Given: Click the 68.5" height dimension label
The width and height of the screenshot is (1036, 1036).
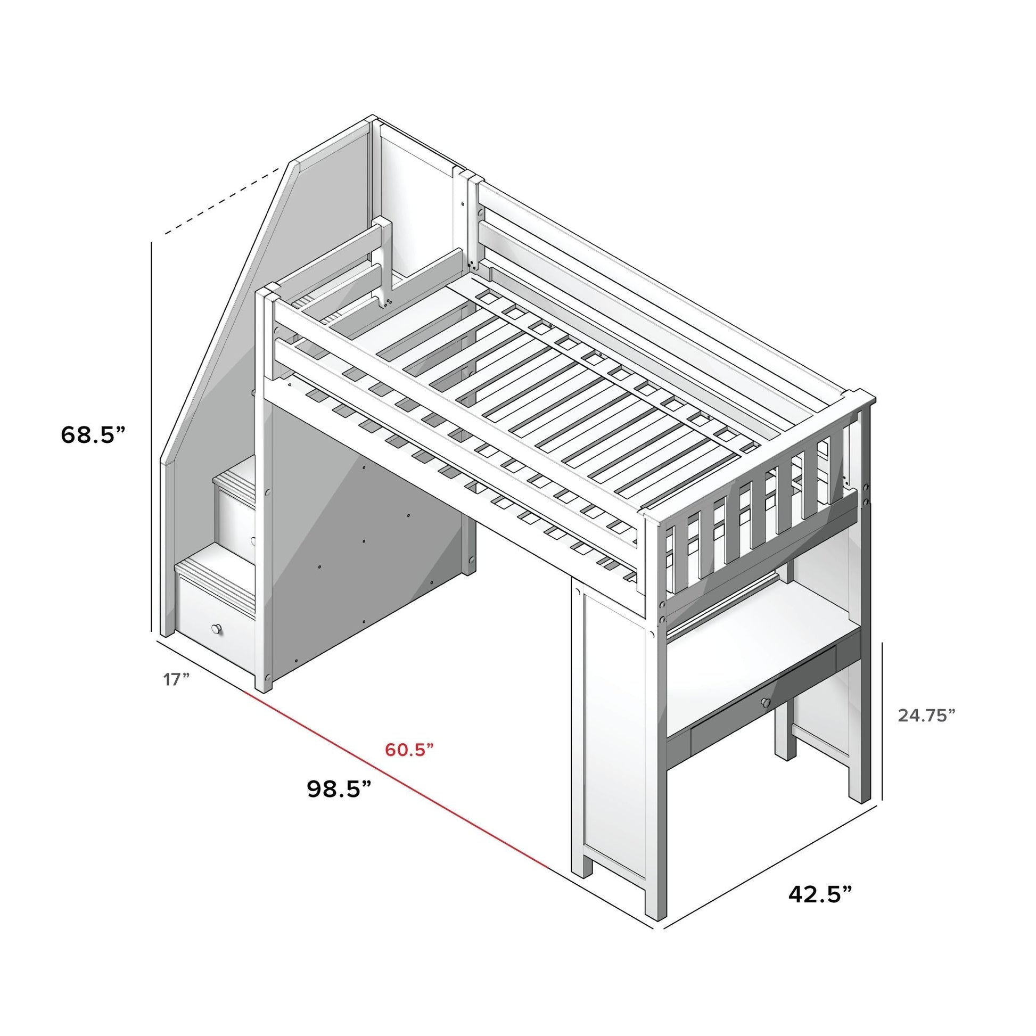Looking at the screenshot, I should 94,434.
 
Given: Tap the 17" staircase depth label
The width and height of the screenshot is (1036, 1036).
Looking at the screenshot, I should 177,679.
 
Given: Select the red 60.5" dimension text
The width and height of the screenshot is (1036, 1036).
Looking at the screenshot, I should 409,750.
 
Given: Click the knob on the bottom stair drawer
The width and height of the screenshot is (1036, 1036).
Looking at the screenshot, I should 217,628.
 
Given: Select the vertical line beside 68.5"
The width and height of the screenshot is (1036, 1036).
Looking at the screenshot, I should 152,440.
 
